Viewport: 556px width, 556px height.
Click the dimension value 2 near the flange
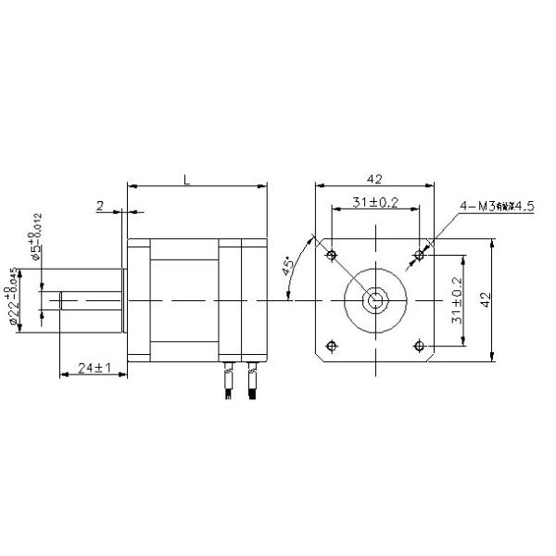100,207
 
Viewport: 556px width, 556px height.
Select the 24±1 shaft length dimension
95,368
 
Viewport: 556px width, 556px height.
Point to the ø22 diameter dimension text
17,298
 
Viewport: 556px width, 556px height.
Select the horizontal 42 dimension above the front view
375,178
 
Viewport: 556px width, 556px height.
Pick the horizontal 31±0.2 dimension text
374,203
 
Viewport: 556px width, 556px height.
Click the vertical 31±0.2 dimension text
456,299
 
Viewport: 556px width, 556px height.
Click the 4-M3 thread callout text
496,207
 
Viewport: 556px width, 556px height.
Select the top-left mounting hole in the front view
331,253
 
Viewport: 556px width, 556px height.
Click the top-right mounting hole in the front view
420,253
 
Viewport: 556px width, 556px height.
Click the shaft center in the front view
375,299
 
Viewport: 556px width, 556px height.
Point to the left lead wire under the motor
229,383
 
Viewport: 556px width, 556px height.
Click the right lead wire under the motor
251,383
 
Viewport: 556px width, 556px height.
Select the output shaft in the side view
88,300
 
